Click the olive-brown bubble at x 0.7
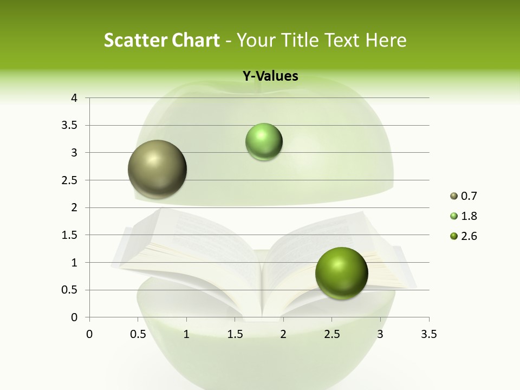[158, 169]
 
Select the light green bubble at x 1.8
[264, 142]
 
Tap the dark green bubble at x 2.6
[341, 273]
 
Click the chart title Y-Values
[270, 76]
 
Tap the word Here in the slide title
[385, 40]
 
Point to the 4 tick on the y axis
[74, 98]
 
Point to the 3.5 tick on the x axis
[428, 334]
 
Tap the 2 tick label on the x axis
[283, 334]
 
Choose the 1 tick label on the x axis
[186, 334]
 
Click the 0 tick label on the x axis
[89, 334]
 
